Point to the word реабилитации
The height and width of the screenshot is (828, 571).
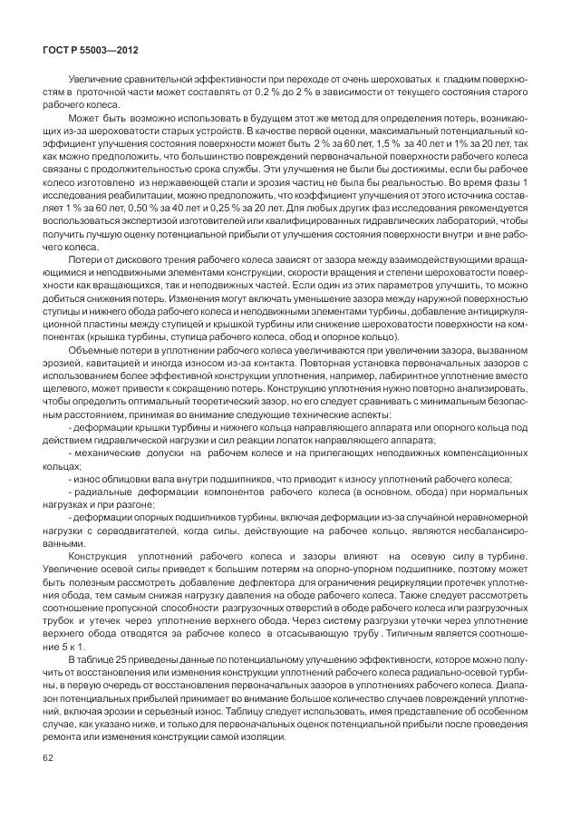(x=141, y=195)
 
